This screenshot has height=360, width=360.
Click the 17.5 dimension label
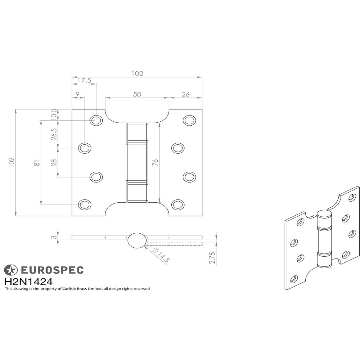pos(84,81)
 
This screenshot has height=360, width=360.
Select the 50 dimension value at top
pos(137,94)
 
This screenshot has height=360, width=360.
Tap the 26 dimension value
pos(185,94)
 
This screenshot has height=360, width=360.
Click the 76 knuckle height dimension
pos(155,163)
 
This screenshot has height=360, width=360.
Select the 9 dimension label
pos(78,94)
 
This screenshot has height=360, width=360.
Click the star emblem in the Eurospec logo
pos(10,270)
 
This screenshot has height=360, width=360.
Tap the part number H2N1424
pos(28,282)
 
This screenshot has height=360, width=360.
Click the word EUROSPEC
pos(51,270)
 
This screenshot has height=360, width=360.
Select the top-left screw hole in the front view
pos(96,120)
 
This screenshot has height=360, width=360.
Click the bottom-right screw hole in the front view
pos(177,204)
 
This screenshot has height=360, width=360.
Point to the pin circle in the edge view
pos(137,240)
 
